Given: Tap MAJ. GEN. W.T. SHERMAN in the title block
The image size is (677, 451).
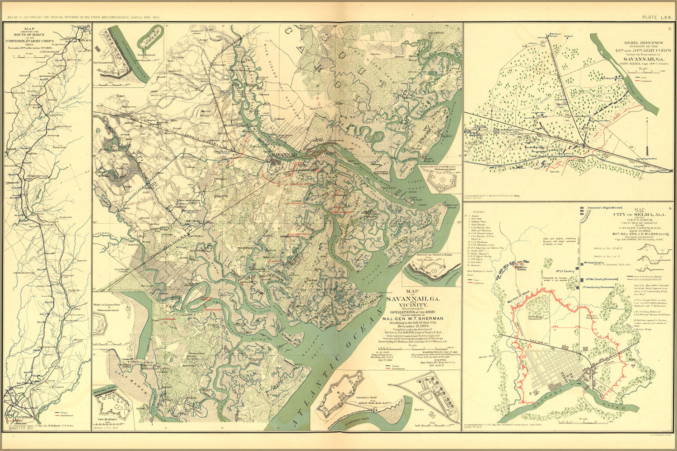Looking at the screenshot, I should [x=413, y=318].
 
